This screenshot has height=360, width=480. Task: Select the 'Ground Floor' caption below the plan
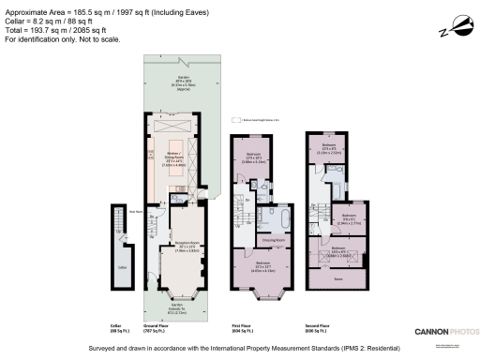[x=157, y=327]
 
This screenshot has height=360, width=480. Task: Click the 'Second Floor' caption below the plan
[x=319, y=327]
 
